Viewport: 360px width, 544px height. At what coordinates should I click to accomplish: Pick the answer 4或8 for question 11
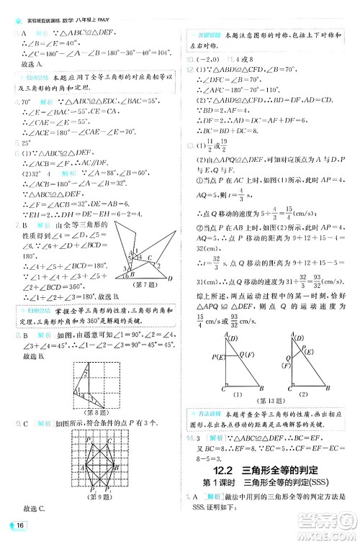pos(238,59)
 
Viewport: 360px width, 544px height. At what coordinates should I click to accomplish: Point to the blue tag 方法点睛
pos(204,411)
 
